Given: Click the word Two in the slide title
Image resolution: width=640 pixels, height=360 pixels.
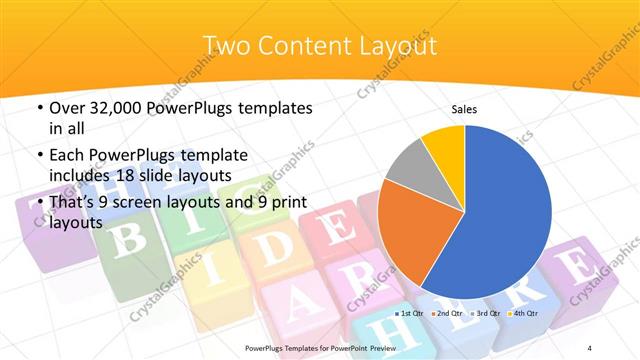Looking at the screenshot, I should pos(225,45).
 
